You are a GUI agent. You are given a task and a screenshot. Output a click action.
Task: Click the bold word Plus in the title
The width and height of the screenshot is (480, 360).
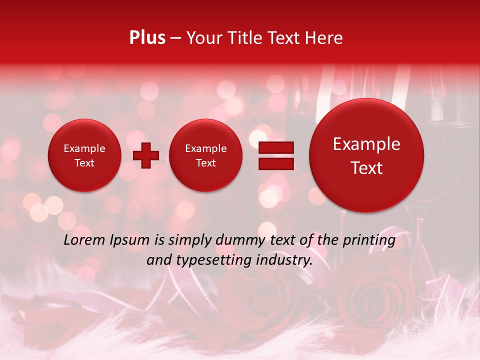(x=147, y=38)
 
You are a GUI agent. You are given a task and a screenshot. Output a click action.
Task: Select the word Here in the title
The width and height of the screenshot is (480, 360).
(x=324, y=38)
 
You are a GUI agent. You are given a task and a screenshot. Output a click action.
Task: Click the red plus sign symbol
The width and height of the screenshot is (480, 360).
(x=145, y=155)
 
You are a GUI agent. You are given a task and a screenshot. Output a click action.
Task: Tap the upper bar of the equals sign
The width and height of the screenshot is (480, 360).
(x=276, y=147)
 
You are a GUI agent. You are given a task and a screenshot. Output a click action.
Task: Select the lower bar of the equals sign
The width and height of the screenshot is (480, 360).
(x=276, y=163)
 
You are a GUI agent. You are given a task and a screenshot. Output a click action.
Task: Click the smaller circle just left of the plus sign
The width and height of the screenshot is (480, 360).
(x=84, y=155)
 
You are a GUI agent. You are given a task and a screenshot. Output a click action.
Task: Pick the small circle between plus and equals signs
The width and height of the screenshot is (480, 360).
(x=205, y=155)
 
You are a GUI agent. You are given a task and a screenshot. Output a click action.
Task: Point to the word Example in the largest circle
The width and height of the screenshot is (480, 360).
(x=366, y=144)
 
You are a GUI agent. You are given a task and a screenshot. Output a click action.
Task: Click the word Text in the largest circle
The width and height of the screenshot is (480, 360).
(x=366, y=168)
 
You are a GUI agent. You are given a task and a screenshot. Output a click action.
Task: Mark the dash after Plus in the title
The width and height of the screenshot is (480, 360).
(x=176, y=38)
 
